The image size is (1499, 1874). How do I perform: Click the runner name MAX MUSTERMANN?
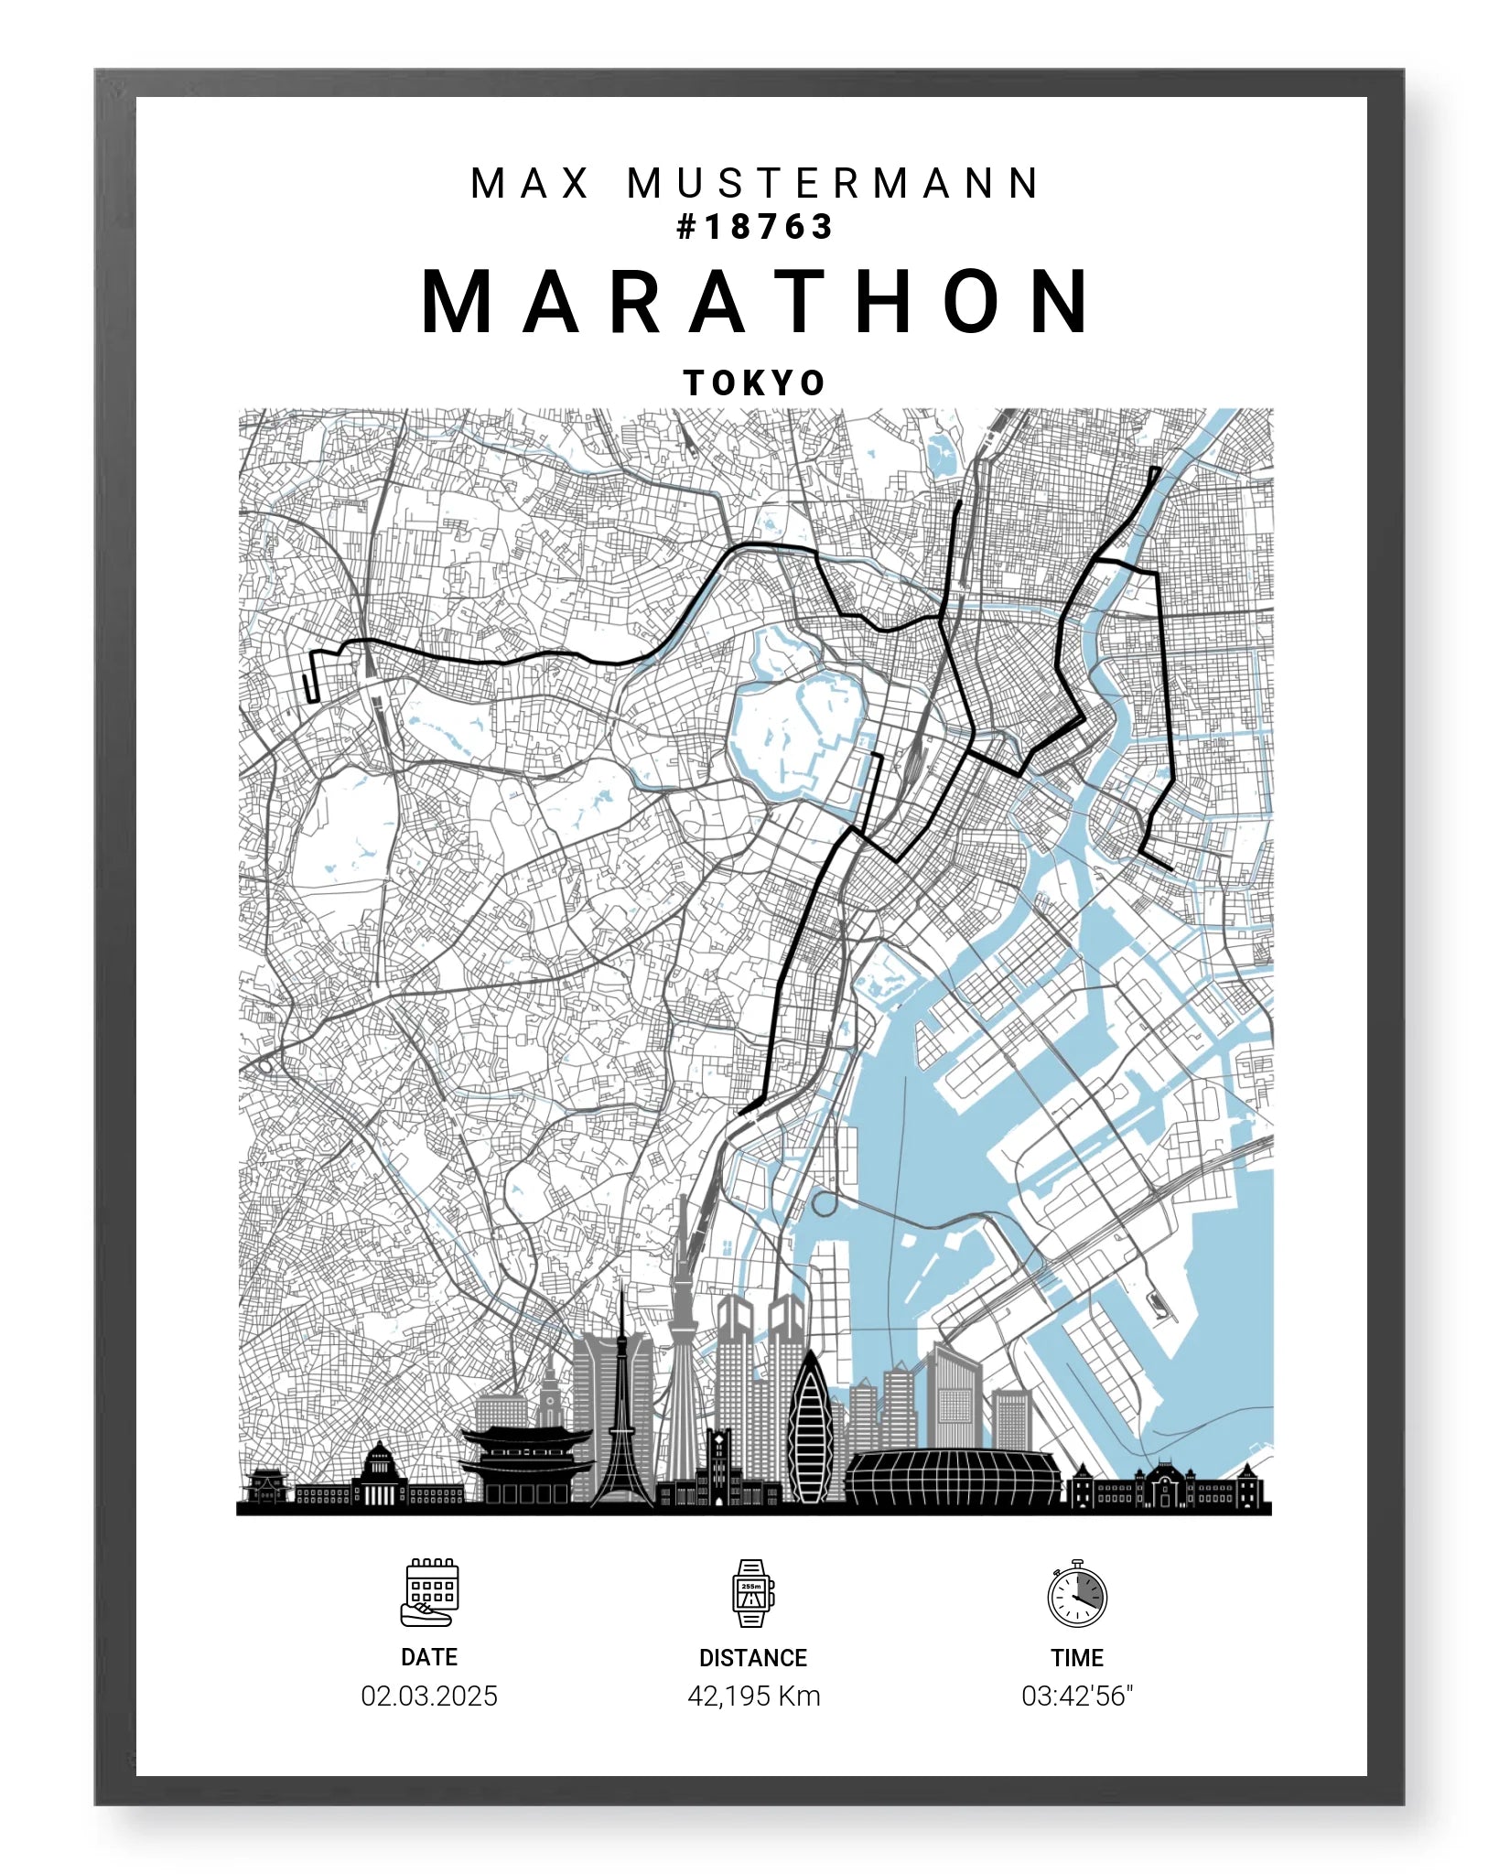[x=755, y=183]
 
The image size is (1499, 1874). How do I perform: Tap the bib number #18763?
[x=755, y=227]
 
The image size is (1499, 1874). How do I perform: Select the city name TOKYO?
[x=755, y=382]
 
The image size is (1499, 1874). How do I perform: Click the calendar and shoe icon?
[x=429, y=1593]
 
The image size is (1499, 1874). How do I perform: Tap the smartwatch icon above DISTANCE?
[x=752, y=1593]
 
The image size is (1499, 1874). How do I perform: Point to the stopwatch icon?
[x=1077, y=1595]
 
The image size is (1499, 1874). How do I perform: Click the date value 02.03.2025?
[x=429, y=1696]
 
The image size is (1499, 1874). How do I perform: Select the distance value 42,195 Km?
[x=753, y=1696]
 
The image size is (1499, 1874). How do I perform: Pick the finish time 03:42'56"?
[x=1077, y=1696]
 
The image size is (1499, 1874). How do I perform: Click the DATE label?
[x=429, y=1657]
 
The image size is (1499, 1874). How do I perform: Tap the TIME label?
[x=1077, y=1657]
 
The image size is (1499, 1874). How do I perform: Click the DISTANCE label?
[x=753, y=1657]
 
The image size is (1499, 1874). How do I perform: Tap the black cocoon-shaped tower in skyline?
[x=810, y=1437]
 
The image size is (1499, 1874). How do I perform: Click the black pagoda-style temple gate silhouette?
[x=526, y=1464]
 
